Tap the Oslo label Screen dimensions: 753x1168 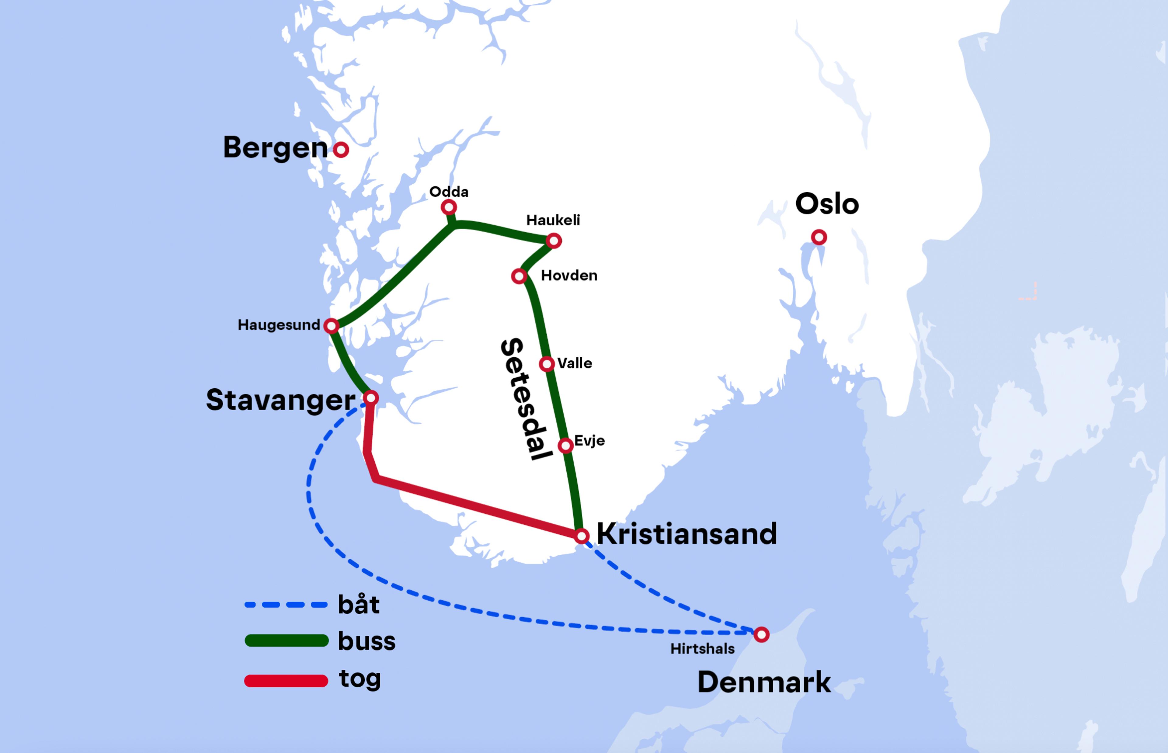(x=827, y=204)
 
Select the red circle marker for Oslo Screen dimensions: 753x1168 (x=819, y=237)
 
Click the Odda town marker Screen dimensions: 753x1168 (x=449, y=207)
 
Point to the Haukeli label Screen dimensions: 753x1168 (x=553, y=220)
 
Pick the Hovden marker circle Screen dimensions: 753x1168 (x=519, y=276)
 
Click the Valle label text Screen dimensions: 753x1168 (x=575, y=363)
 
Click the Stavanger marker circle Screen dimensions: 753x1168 (x=371, y=397)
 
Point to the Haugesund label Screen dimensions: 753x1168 (x=279, y=325)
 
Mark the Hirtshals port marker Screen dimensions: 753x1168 (x=761, y=635)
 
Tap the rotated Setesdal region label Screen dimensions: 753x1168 (x=526, y=398)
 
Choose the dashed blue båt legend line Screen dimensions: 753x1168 (x=286, y=605)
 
